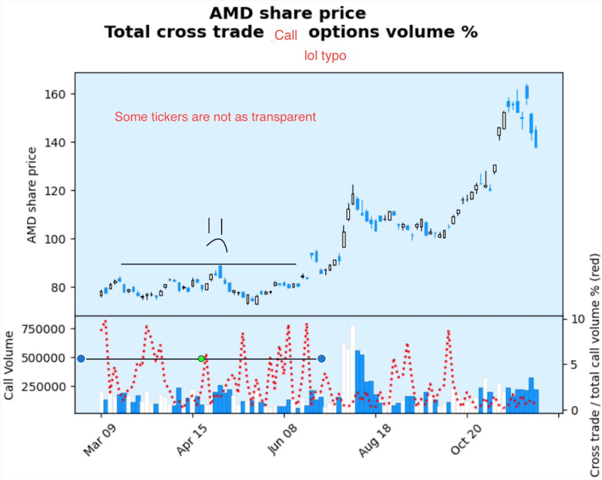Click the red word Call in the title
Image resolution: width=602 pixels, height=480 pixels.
point(286,35)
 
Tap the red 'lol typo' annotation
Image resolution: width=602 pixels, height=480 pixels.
point(325,56)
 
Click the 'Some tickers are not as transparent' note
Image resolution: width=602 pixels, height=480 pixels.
point(215,117)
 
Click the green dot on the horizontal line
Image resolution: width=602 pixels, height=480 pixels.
point(201,359)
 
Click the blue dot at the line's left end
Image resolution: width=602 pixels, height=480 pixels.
point(81,359)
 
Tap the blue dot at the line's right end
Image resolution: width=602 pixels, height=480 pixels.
point(322,359)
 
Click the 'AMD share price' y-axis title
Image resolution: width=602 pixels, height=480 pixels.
point(32,196)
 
